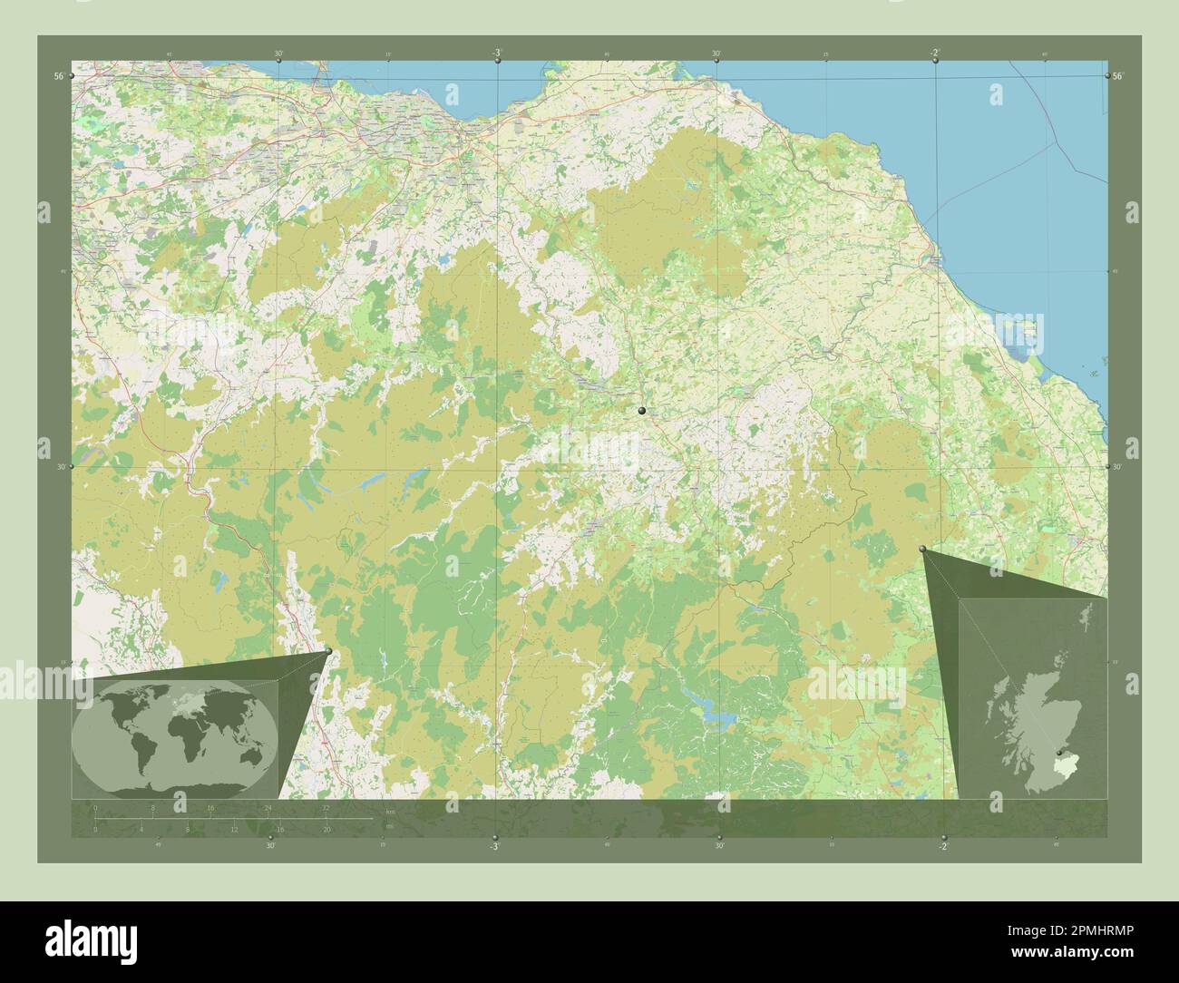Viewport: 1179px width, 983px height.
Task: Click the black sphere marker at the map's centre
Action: tap(642, 412)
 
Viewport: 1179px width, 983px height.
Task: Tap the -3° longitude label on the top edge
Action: tap(497, 54)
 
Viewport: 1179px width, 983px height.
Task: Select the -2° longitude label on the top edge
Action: tap(935, 54)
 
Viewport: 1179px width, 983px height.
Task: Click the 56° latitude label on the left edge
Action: tap(58, 78)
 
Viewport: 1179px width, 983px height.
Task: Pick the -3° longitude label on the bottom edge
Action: tap(494, 846)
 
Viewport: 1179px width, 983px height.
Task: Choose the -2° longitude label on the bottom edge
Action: tap(943, 846)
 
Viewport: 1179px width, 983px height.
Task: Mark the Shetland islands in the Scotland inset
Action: tap(1087, 626)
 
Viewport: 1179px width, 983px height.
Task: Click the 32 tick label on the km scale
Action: tap(326, 807)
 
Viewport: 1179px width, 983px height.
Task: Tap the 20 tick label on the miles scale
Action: tap(326, 829)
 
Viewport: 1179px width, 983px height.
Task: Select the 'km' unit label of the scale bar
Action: tap(390, 811)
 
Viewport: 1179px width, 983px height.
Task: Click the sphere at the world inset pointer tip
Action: tap(327, 651)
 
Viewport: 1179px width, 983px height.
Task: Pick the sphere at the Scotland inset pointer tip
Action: tap(922, 549)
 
